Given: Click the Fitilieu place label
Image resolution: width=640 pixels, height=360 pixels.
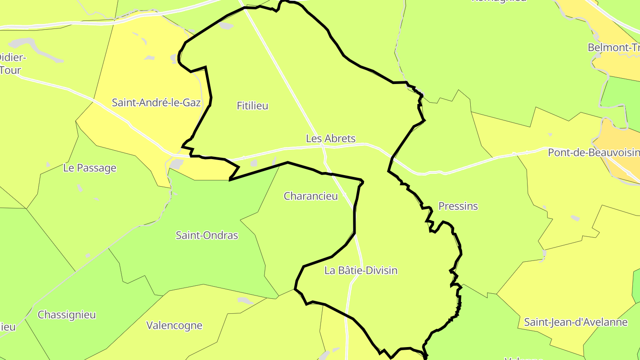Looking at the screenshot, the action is (252, 106).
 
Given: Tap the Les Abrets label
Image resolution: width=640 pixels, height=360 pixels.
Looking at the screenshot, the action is (331, 139).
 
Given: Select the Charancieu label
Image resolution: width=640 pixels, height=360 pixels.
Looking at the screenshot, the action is (311, 196).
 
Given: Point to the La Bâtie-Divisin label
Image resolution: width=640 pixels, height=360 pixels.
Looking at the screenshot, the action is (361, 270).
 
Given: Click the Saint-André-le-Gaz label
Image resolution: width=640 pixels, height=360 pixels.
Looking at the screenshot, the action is (156, 103).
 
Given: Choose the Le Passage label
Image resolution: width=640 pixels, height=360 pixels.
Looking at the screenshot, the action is (90, 168).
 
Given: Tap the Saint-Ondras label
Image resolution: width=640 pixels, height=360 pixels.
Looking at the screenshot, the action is (207, 235).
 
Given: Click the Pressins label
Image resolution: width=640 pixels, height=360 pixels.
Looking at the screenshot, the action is (458, 206).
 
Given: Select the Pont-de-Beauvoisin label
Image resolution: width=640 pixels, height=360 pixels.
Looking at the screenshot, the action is (593, 153).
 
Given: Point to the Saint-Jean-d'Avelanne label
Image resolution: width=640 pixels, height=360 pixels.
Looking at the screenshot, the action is (576, 322).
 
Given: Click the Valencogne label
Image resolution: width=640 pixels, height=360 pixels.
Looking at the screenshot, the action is (174, 325).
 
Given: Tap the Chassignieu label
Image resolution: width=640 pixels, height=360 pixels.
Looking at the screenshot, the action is (67, 315).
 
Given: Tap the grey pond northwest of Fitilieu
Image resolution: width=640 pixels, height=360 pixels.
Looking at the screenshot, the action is (226, 26).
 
